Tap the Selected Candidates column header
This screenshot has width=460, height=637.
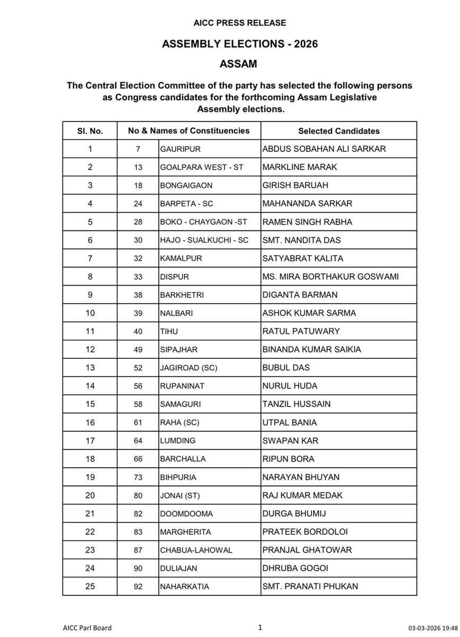coord(339,131)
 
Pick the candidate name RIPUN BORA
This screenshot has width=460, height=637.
coord(288,459)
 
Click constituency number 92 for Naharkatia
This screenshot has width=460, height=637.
coord(138,587)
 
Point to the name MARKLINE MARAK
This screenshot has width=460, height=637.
coord(300,167)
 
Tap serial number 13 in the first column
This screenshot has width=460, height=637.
coord(90,368)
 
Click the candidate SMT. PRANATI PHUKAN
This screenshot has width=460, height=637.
coord(310,587)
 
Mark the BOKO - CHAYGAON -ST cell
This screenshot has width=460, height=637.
coord(200,222)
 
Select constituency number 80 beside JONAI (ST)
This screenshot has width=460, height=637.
coord(138,495)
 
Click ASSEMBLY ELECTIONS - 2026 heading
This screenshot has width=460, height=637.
coord(240,45)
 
